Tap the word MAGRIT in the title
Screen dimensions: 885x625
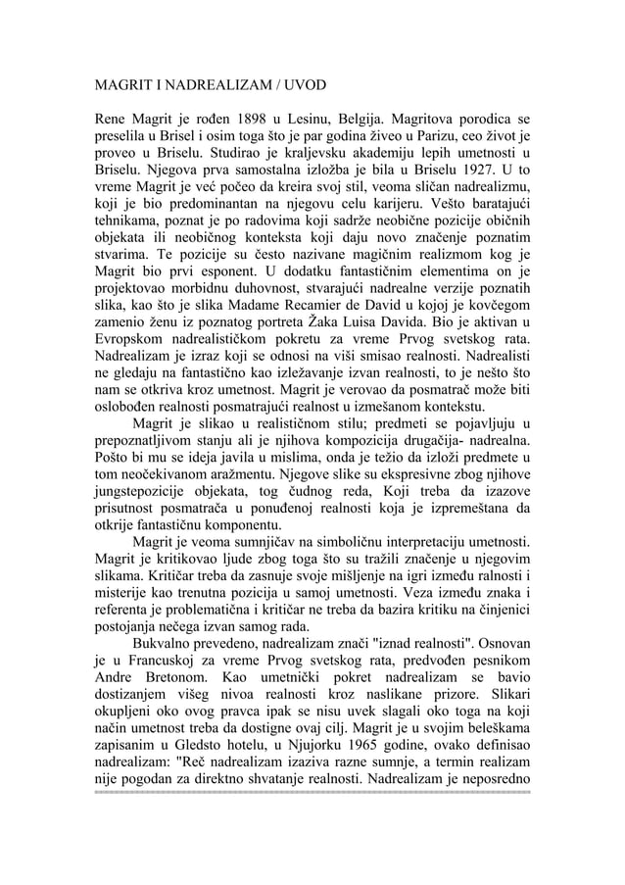point(126,85)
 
